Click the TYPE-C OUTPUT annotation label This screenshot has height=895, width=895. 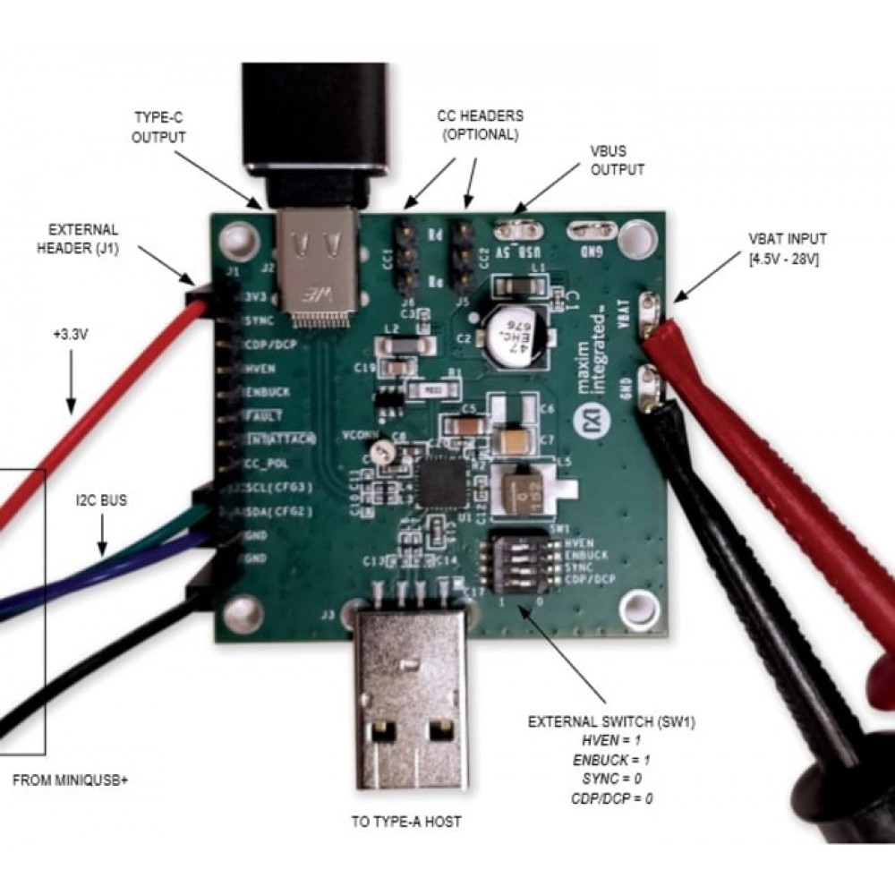(158, 127)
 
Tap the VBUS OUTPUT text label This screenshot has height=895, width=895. (618, 159)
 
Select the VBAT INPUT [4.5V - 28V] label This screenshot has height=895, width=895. (788, 247)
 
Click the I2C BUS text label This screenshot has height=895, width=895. (101, 500)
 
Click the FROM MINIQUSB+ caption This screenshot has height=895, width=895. (71, 780)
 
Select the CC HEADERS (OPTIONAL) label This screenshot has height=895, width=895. (480, 125)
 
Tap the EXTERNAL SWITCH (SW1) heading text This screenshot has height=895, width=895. (611, 721)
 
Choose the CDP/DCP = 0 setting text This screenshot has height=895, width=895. (611, 797)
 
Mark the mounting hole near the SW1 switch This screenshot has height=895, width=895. (639, 605)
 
